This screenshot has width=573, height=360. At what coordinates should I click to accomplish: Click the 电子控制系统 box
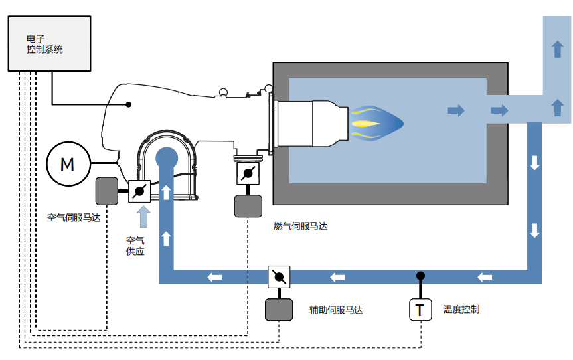point(49,43)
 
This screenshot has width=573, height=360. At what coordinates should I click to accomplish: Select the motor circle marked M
point(68,164)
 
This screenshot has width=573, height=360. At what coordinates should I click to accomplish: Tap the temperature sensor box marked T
point(420,310)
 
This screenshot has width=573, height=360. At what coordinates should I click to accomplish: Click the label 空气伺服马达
point(74,218)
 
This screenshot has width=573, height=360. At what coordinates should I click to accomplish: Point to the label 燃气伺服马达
point(300,226)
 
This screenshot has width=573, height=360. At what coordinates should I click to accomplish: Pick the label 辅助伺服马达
point(336,310)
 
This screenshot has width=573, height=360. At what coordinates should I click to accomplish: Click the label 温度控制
point(461,310)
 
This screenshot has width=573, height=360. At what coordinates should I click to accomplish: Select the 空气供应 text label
point(135,246)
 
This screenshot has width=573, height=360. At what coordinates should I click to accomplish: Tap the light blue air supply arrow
point(143,217)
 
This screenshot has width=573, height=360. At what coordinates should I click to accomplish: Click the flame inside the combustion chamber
point(376,124)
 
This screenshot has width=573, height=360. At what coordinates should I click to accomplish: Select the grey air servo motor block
point(107,191)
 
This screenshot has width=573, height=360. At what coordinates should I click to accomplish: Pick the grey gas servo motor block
point(248,206)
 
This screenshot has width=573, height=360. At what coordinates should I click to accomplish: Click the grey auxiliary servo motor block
point(279,310)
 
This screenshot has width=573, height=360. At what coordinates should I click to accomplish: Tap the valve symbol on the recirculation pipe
point(279,277)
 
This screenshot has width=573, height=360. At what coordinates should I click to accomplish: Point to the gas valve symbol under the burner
point(248,173)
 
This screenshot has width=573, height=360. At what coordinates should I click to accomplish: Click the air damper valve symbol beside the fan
point(139,191)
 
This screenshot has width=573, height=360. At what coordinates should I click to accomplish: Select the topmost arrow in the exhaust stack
point(557,49)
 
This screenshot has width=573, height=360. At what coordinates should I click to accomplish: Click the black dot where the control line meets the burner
point(129,104)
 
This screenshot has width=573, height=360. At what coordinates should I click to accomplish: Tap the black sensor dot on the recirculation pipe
point(420,276)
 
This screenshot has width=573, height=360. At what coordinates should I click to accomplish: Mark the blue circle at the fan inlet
point(167,158)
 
